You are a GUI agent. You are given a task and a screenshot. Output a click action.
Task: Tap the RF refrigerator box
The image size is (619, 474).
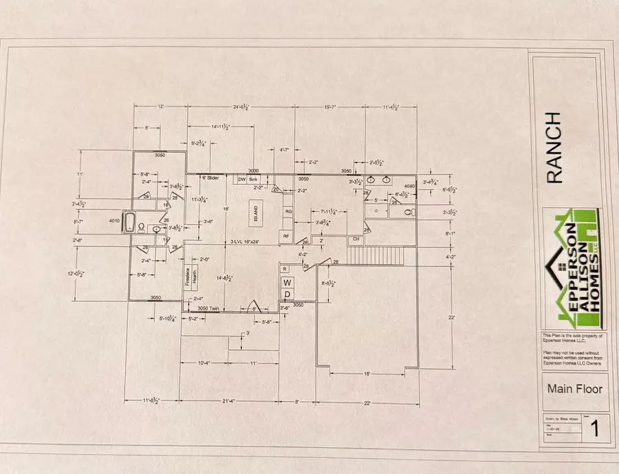(x=287, y=236)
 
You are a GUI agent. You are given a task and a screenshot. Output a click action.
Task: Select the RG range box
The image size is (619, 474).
(x=289, y=212)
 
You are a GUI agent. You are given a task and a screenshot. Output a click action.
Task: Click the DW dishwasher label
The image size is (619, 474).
(x=241, y=180)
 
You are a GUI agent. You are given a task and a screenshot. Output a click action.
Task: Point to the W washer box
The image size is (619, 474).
(x=289, y=282)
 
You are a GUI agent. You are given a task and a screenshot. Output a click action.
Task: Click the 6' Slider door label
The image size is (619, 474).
(x=210, y=178)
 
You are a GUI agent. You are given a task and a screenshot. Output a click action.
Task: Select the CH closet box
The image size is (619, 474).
(x=356, y=239)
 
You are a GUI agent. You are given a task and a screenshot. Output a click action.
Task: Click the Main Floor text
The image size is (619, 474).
(x=574, y=389)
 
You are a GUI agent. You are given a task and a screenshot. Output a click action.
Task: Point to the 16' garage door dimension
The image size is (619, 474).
(x=367, y=374)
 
